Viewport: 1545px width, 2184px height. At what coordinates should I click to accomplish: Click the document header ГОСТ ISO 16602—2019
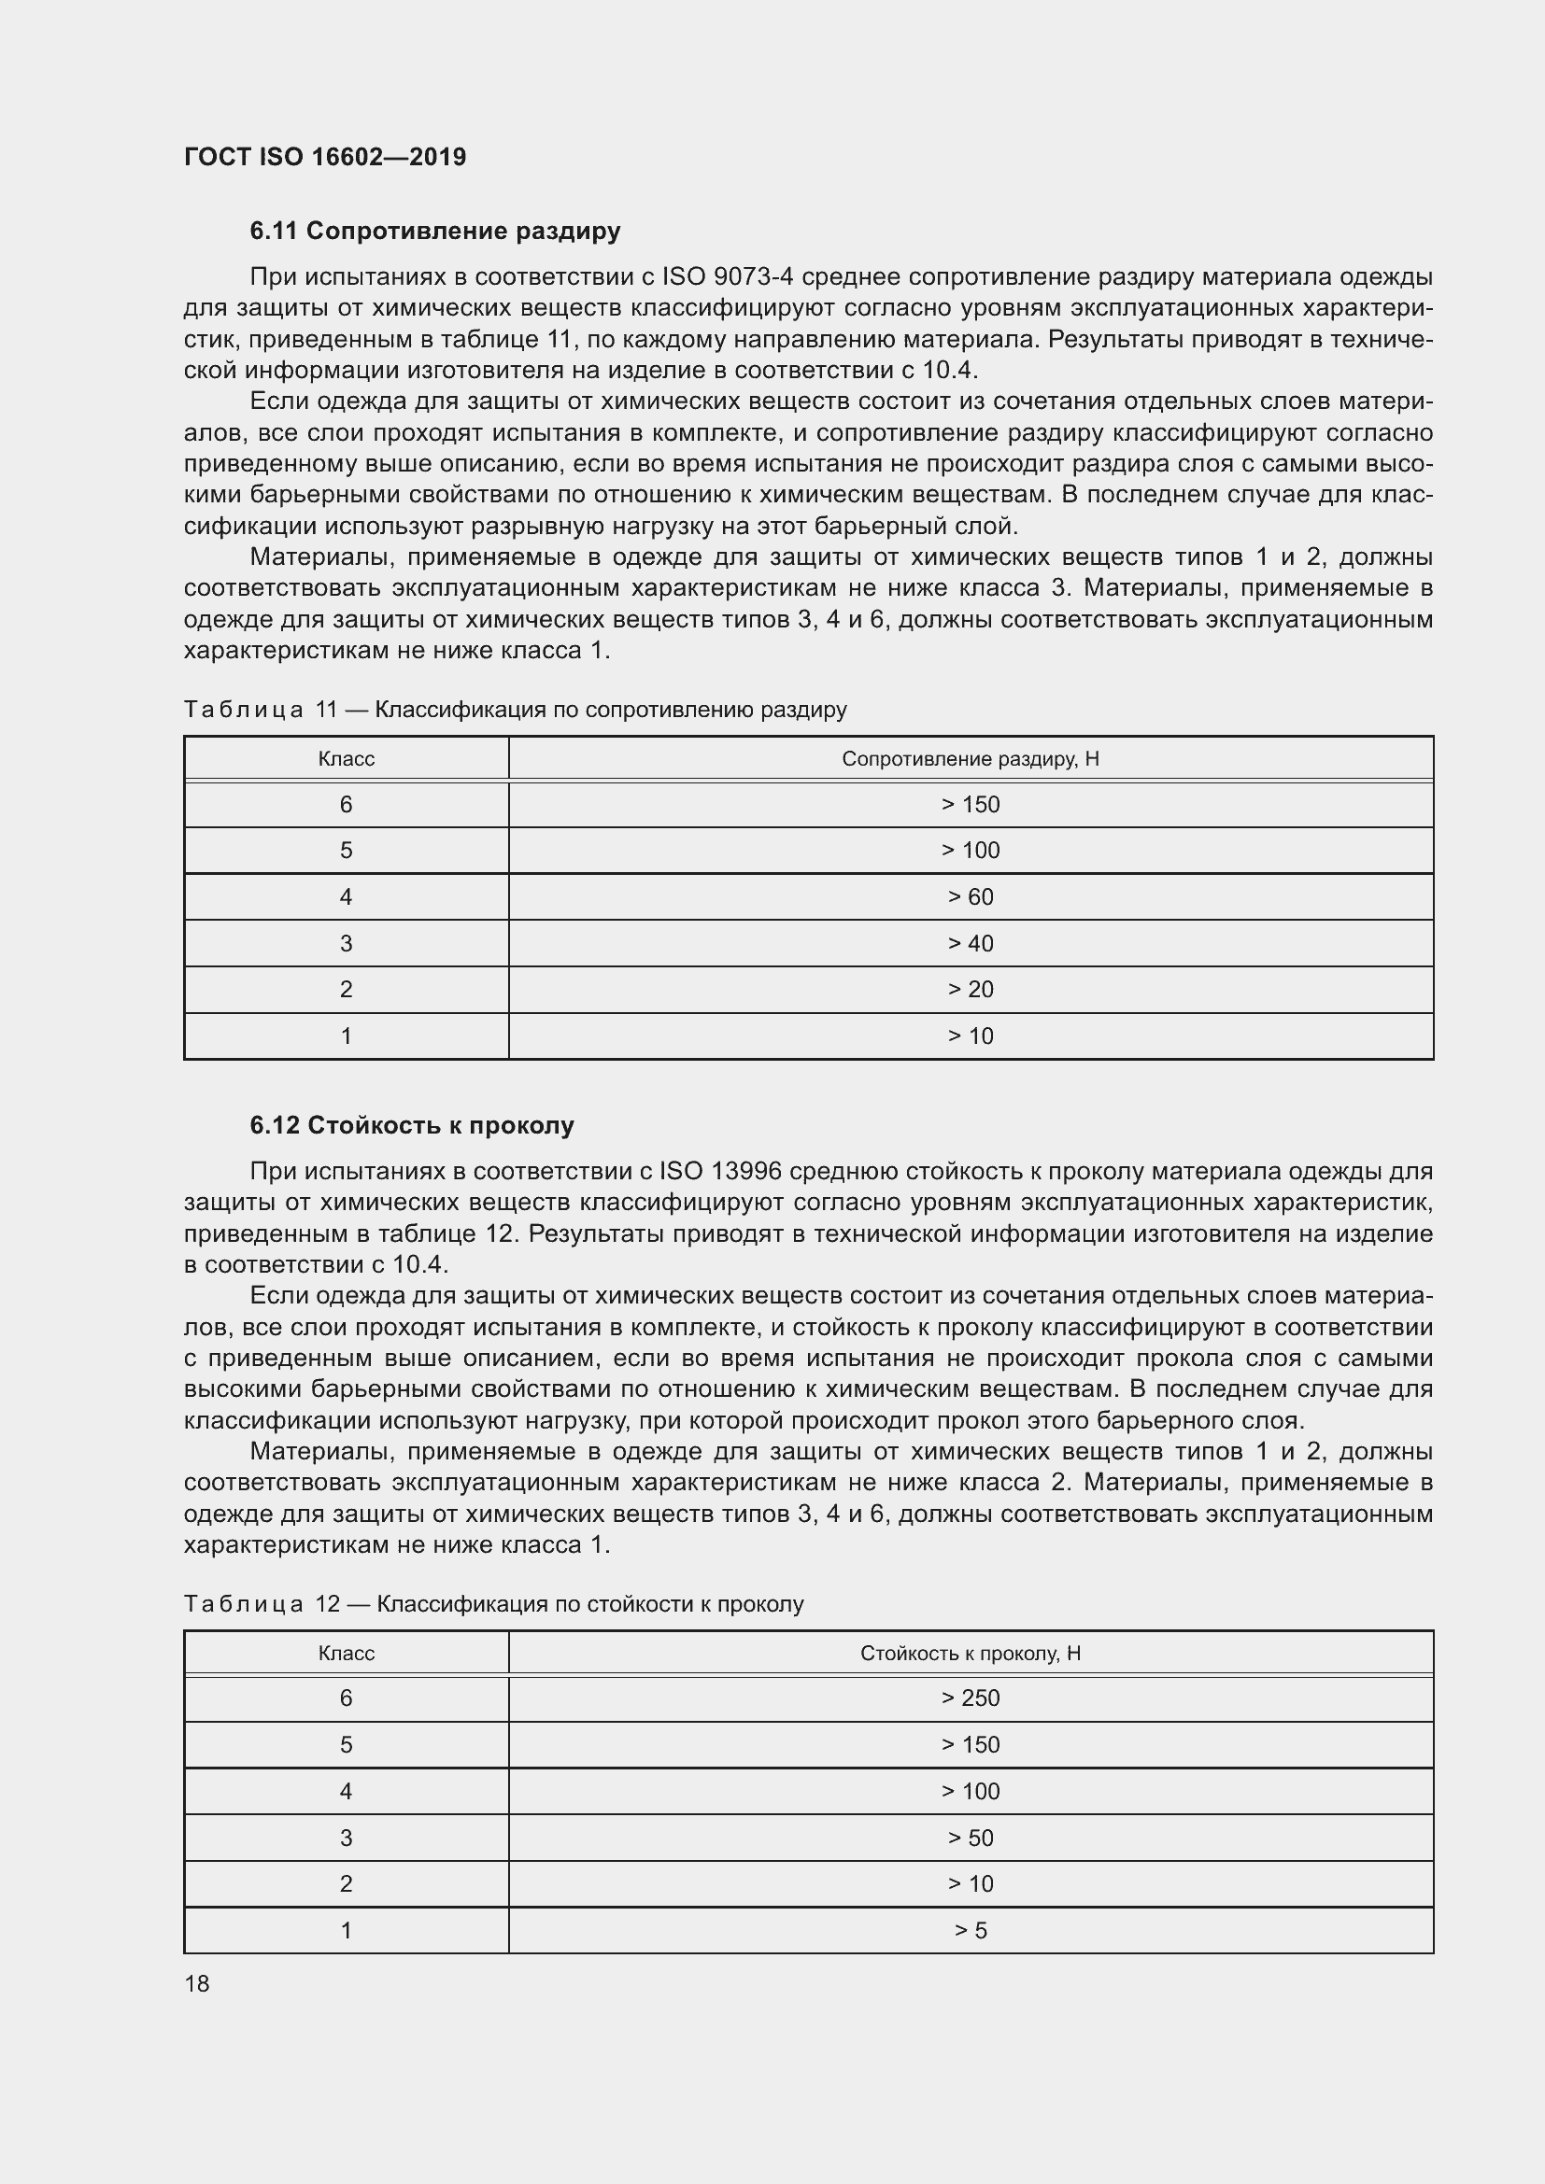[324, 157]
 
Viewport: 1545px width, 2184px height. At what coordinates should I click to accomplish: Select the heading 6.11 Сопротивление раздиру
[434, 231]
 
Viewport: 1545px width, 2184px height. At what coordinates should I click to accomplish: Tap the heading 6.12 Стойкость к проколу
[412, 1125]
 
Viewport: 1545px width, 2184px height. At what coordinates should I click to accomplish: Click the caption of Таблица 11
[515, 710]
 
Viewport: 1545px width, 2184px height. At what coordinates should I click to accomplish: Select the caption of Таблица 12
[494, 1604]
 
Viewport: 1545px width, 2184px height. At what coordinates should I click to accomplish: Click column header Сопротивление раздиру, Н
[970, 759]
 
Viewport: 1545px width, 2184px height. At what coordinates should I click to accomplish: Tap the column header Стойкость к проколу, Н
[970, 1654]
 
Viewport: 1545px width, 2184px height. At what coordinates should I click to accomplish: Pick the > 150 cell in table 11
[970, 805]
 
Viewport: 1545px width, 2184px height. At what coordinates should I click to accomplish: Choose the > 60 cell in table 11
[970, 897]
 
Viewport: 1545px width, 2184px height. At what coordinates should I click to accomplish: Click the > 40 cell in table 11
[970, 944]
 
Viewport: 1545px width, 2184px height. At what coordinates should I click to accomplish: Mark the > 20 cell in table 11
[970, 989]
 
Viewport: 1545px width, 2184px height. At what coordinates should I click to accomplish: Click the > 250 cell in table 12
[970, 1698]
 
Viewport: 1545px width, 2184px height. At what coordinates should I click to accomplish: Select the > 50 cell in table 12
[970, 1838]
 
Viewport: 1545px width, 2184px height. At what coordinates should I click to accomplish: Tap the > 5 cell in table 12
[970, 1930]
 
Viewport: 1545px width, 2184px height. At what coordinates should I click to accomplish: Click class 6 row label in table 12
[346, 1698]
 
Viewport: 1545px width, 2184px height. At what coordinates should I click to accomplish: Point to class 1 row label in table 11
[346, 1036]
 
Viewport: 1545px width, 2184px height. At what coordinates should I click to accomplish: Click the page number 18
[197, 1983]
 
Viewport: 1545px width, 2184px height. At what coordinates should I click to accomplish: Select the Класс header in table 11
[346, 759]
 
